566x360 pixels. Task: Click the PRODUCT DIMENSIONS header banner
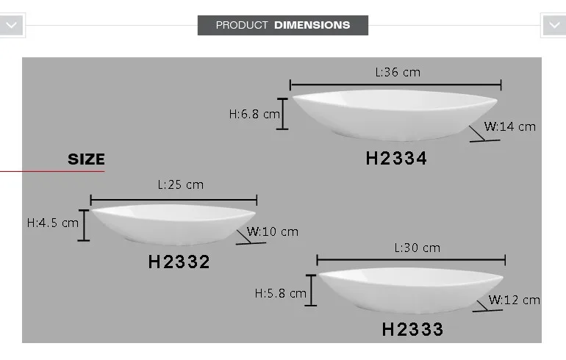pyautogui.click(x=283, y=25)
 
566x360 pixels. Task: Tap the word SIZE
pyautogui.click(x=86, y=159)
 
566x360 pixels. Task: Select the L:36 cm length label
pyautogui.click(x=398, y=72)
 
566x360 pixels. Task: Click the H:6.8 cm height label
pyautogui.click(x=254, y=114)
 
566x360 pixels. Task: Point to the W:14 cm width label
pyautogui.click(x=510, y=126)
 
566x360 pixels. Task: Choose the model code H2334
pyautogui.click(x=396, y=158)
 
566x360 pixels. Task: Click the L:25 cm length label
pyautogui.click(x=180, y=184)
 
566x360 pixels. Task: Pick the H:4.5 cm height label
pyautogui.click(x=52, y=223)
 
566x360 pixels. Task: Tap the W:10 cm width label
pyautogui.click(x=273, y=231)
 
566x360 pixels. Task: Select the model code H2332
pyautogui.click(x=179, y=262)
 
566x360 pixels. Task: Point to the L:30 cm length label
pyautogui.click(x=417, y=248)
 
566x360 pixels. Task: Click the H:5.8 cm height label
pyautogui.click(x=280, y=293)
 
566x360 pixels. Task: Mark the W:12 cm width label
pyautogui.click(x=515, y=300)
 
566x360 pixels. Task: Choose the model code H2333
pyautogui.click(x=412, y=329)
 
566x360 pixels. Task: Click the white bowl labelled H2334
pyautogui.click(x=395, y=113)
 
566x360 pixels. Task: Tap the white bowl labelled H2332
pyautogui.click(x=173, y=223)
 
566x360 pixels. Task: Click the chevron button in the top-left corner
pyautogui.click(x=12, y=25)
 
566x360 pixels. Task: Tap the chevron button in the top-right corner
pyautogui.click(x=554, y=25)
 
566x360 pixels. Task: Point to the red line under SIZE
pyautogui.click(x=51, y=171)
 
